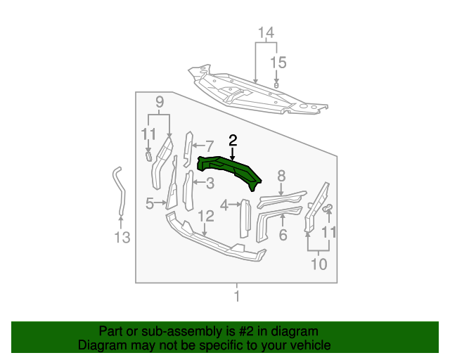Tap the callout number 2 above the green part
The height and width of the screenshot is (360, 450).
click(232, 141)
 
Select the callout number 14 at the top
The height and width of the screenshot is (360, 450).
click(265, 33)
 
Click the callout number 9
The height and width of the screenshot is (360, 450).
click(160, 102)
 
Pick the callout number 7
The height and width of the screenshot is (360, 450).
click(209, 146)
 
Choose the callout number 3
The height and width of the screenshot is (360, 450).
click(210, 184)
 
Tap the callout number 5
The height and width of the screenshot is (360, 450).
click(150, 204)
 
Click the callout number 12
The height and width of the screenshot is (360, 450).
click(205, 216)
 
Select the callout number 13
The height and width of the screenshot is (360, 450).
click(122, 238)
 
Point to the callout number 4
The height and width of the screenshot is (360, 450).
click(224, 205)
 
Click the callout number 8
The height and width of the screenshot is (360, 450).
click(281, 176)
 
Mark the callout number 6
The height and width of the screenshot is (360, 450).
click(283, 235)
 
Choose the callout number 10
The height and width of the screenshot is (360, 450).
click(319, 264)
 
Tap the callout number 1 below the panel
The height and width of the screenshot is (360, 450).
click(236, 296)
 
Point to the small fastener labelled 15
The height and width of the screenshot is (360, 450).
click(277, 84)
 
